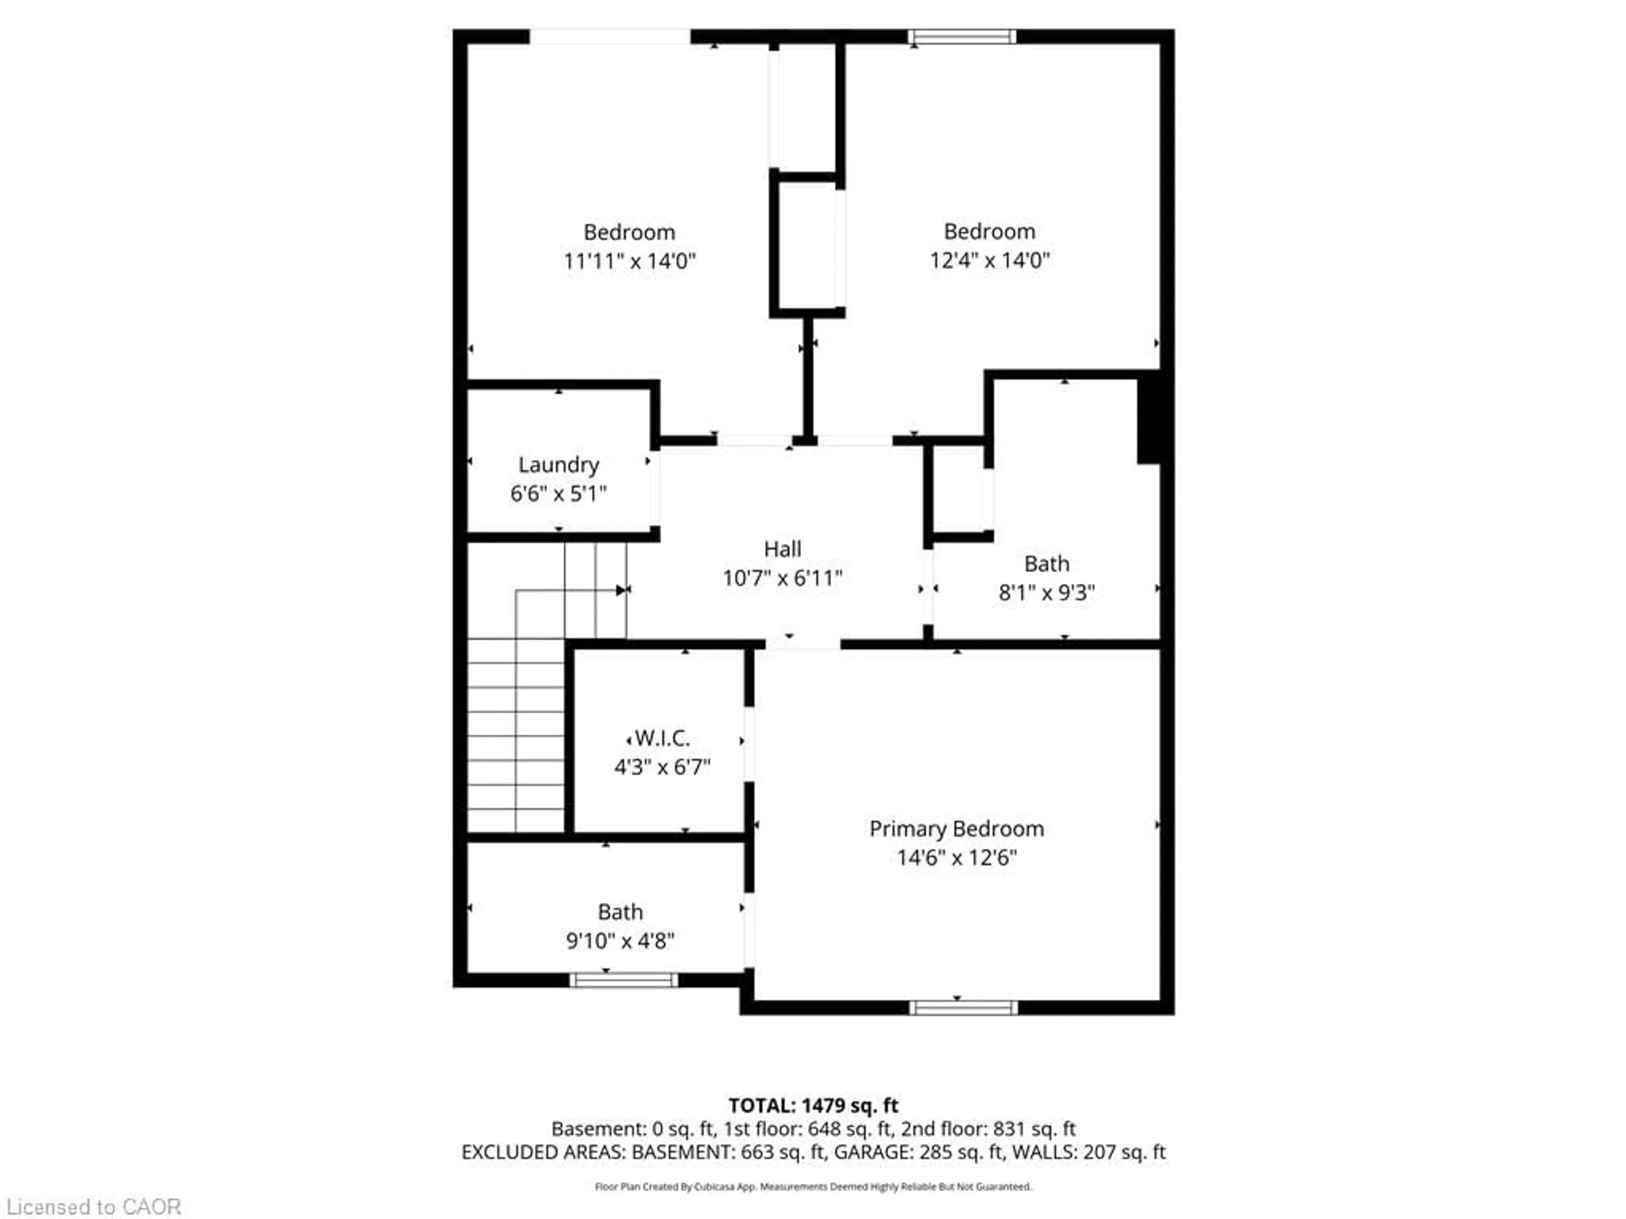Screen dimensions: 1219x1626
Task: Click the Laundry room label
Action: point(559,464)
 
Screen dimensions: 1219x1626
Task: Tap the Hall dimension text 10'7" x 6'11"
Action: point(782,578)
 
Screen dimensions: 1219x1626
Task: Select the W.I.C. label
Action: point(661,738)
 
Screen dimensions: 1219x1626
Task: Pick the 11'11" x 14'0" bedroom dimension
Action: point(629,261)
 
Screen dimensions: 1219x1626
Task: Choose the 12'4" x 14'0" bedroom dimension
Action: point(990,260)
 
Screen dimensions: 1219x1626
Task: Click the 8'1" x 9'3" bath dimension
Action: point(1046,592)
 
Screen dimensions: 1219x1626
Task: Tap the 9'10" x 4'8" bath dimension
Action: point(619,940)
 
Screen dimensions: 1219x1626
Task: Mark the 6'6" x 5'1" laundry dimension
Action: point(559,493)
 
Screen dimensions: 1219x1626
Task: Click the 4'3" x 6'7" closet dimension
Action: point(661,767)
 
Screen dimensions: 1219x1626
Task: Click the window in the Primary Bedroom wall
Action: point(963,1007)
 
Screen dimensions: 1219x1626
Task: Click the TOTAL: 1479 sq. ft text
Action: point(813,1105)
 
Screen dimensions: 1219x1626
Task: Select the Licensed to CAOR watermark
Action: point(93,1206)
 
